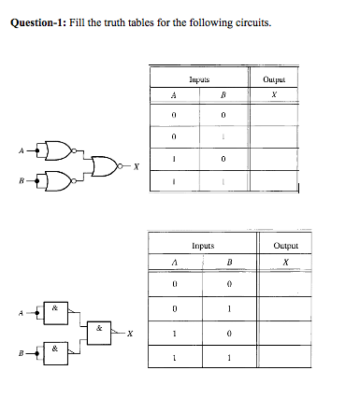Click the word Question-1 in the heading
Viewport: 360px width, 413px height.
pyautogui.click(x=36, y=22)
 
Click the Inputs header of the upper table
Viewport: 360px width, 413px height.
pyautogui.click(x=198, y=81)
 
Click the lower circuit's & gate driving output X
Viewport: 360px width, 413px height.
pyautogui.click(x=100, y=332)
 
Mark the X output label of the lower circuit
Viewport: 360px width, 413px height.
pyautogui.click(x=130, y=333)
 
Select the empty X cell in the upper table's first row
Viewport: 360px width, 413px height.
pyautogui.click(x=274, y=114)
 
